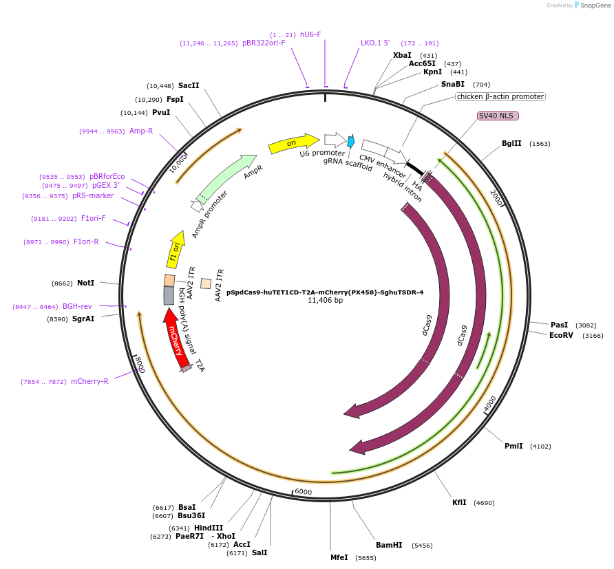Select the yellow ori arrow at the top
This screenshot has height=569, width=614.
click(293, 143)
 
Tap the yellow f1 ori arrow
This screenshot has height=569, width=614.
click(176, 250)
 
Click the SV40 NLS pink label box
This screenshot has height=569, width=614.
click(498, 116)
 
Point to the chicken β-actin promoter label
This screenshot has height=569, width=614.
click(500, 96)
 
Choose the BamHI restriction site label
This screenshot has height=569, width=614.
click(389, 545)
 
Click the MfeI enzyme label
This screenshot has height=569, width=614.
click(339, 557)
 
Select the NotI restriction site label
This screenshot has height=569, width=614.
click(86, 283)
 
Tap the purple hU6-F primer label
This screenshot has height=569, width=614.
click(310, 34)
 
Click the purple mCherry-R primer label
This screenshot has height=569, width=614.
click(89, 381)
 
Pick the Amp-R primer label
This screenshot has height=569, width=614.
click(141, 131)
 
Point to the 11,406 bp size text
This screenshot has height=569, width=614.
click(325, 300)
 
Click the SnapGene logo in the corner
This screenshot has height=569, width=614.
click(590, 6)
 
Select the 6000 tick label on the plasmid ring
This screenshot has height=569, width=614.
click(303, 492)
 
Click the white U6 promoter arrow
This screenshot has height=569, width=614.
click(335, 140)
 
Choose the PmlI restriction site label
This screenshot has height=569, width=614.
click(514, 446)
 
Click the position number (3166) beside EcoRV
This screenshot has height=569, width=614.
click(592, 336)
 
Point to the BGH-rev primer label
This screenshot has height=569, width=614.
click(77, 306)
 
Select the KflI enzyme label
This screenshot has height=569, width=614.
click(459, 502)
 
